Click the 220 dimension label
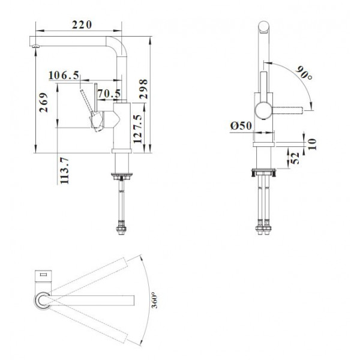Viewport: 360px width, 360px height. [82, 25]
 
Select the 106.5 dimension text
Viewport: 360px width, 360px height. [64, 76]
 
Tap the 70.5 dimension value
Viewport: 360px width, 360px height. [109, 94]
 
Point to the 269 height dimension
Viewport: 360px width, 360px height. [43, 103]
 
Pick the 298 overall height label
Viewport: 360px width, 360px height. [143, 89]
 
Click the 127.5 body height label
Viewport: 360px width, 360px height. [138, 129]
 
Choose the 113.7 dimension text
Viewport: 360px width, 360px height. [64, 170]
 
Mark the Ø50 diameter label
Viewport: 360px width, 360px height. [241, 125]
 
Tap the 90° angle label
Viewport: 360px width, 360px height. [304, 73]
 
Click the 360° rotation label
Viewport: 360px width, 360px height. [155, 300]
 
